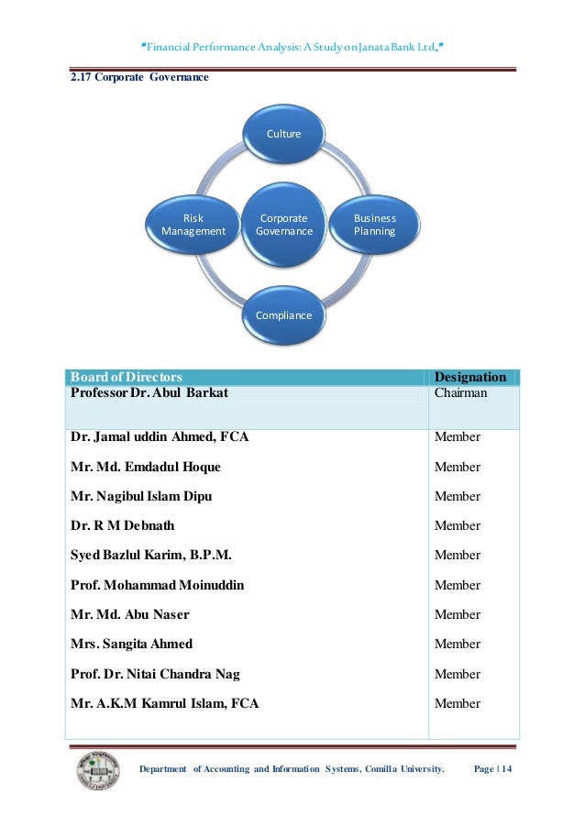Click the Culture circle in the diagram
coord(283,134)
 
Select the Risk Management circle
coord(193,225)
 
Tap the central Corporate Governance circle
coord(283,225)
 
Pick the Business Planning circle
coord(374,225)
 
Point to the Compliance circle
coord(283,315)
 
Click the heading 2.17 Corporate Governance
coord(139,77)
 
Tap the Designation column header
coord(469,377)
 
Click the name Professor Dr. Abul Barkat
coord(149,392)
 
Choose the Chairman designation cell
coord(461,392)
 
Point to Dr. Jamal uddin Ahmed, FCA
coord(160,437)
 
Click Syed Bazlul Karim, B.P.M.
coord(150,555)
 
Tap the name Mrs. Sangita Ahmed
coord(131,644)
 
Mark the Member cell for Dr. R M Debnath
coord(457,525)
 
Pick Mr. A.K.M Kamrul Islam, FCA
coord(164,703)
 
